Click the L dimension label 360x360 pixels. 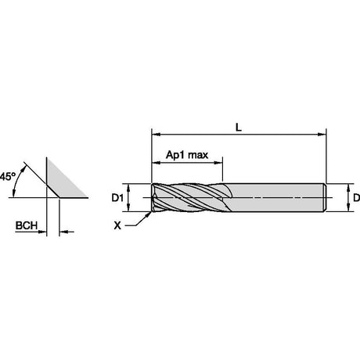[x=239, y=128]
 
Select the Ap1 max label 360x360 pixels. [x=187, y=155]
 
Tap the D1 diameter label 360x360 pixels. [x=117, y=198]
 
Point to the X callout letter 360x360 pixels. [x=117, y=225]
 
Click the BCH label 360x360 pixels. [x=27, y=225]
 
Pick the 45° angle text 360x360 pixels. [x=8, y=176]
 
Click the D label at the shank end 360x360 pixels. [x=356, y=198]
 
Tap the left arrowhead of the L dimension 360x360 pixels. [x=156, y=135]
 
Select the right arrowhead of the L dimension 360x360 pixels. [x=322, y=135]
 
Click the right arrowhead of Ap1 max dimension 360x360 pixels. [x=218, y=163]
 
